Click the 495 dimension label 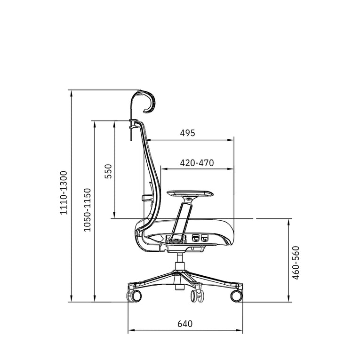point(187,133)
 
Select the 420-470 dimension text point(197,163)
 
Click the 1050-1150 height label point(87,209)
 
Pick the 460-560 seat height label point(296,263)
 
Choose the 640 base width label point(185,324)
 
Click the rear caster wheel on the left point(135,296)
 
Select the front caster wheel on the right point(236,296)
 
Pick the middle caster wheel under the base point(197,296)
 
